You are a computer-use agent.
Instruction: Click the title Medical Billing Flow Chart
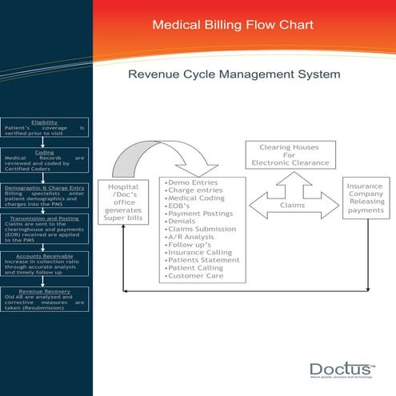[233, 26]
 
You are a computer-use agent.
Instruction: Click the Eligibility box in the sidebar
[44, 128]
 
